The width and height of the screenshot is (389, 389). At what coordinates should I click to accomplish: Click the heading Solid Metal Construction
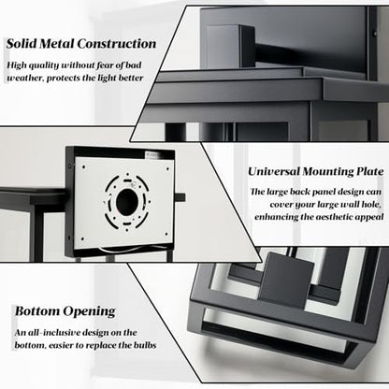[x=81, y=43]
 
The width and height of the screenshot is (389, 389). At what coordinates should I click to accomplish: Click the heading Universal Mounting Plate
[x=316, y=171]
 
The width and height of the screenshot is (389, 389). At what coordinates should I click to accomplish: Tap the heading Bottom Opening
[x=65, y=311]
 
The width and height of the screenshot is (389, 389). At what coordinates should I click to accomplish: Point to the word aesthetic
[x=336, y=217]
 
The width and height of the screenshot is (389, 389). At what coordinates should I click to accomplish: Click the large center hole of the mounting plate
[x=127, y=201]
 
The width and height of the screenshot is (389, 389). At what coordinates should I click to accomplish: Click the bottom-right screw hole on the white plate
[x=166, y=234]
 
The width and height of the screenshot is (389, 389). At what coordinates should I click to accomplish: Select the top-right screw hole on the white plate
[x=168, y=169]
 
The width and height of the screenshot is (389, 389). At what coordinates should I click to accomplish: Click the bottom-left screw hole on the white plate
[x=82, y=239]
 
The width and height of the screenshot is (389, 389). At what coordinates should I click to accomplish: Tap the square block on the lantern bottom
[x=287, y=280]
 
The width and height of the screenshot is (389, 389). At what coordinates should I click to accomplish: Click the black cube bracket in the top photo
[x=230, y=47]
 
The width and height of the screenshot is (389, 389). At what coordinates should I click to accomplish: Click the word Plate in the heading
[x=370, y=171]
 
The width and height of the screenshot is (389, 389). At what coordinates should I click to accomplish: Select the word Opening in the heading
[x=89, y=311]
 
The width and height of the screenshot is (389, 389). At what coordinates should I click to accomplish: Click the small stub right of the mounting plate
[x=180, y=197]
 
